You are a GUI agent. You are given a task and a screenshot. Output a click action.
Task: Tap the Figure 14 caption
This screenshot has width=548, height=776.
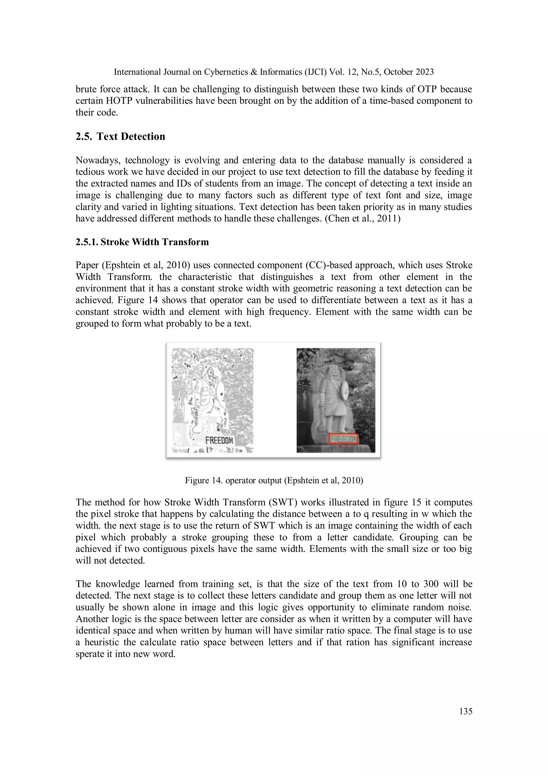click(274, 480)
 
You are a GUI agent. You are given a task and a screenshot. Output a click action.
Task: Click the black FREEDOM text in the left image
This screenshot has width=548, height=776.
click(219, 440)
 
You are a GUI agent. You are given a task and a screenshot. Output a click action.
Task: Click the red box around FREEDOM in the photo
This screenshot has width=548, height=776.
click(343, 439)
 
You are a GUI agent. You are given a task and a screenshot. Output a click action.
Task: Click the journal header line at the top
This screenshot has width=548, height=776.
click(274, 72)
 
